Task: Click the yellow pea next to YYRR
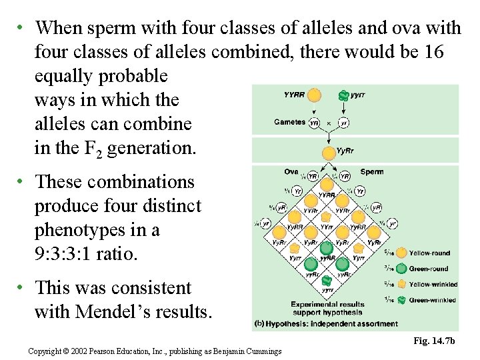[x=315, y=95]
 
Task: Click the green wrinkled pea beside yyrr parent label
[x=343, y=95]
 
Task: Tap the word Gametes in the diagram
[x=289, y=122]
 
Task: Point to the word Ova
[x=291, y=172]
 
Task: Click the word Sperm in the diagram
[x=371, y=172]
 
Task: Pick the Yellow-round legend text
[x=429, y=253]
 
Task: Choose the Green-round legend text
[x=429, y=269]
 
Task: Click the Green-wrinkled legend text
[x=432, y=300]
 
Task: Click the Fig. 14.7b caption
[x=434, y=341]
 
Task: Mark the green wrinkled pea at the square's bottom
[x=327, y=279]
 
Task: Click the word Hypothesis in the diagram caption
[x=289, y=325]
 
